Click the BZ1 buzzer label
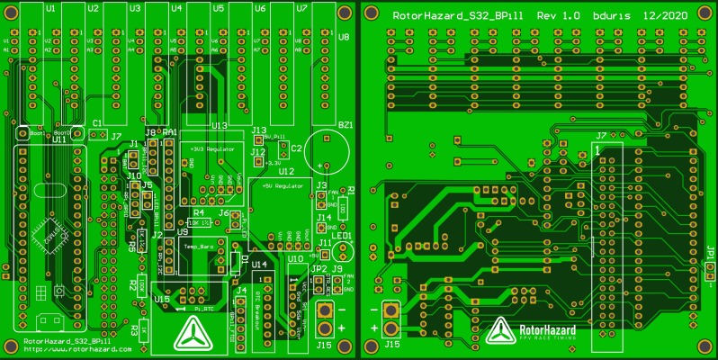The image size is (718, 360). tap(345, 124)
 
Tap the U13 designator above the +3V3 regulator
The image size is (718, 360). tap(219, 126)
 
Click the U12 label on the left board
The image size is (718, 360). tap(286, 170)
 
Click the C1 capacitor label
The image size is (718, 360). tap(98, 123)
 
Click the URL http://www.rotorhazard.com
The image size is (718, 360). tap(67, 349)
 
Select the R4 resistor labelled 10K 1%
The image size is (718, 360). tap(199, 221)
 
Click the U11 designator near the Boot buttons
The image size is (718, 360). tap(58, 140)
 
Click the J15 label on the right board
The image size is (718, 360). tap(392, 344)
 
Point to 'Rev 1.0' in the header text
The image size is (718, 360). tap(558, 17)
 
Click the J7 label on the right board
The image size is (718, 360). tap(601, 135)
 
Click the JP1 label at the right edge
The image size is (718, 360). tap(710, 256)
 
